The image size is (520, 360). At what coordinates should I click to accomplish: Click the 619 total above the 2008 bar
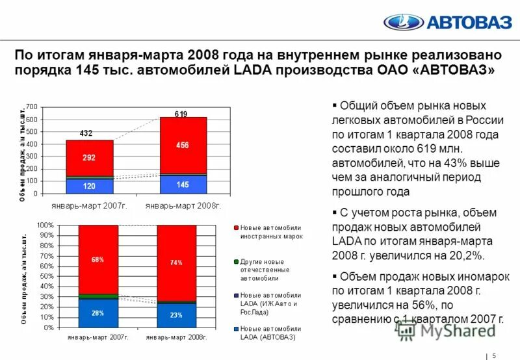tap(181, 114)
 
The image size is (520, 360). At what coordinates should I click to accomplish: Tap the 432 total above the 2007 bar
tap(86, 133)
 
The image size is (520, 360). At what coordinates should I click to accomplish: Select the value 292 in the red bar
tap(89, 157)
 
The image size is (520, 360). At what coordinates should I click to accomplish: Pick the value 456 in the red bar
tap(182, 146)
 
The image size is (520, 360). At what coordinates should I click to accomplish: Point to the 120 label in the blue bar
tap(89, 186)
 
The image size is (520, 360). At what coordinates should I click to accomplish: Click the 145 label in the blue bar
tap(183, 185)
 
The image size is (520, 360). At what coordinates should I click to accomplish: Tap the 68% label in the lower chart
tap(98, 260)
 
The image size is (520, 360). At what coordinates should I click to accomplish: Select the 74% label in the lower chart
tap(176, 263)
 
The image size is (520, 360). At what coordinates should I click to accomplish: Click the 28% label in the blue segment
tap(98, 313)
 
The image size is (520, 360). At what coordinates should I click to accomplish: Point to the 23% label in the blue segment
tap(176, 315)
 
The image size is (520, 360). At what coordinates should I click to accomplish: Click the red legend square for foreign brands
tap(236, 228)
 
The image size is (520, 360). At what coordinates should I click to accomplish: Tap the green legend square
tap(236, 261)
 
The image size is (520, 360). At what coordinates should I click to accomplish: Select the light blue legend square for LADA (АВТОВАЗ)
tap(236, 329)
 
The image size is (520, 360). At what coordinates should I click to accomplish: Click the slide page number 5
tap(495, 355)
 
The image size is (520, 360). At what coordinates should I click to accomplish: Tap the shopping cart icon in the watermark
tap(406, 329)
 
